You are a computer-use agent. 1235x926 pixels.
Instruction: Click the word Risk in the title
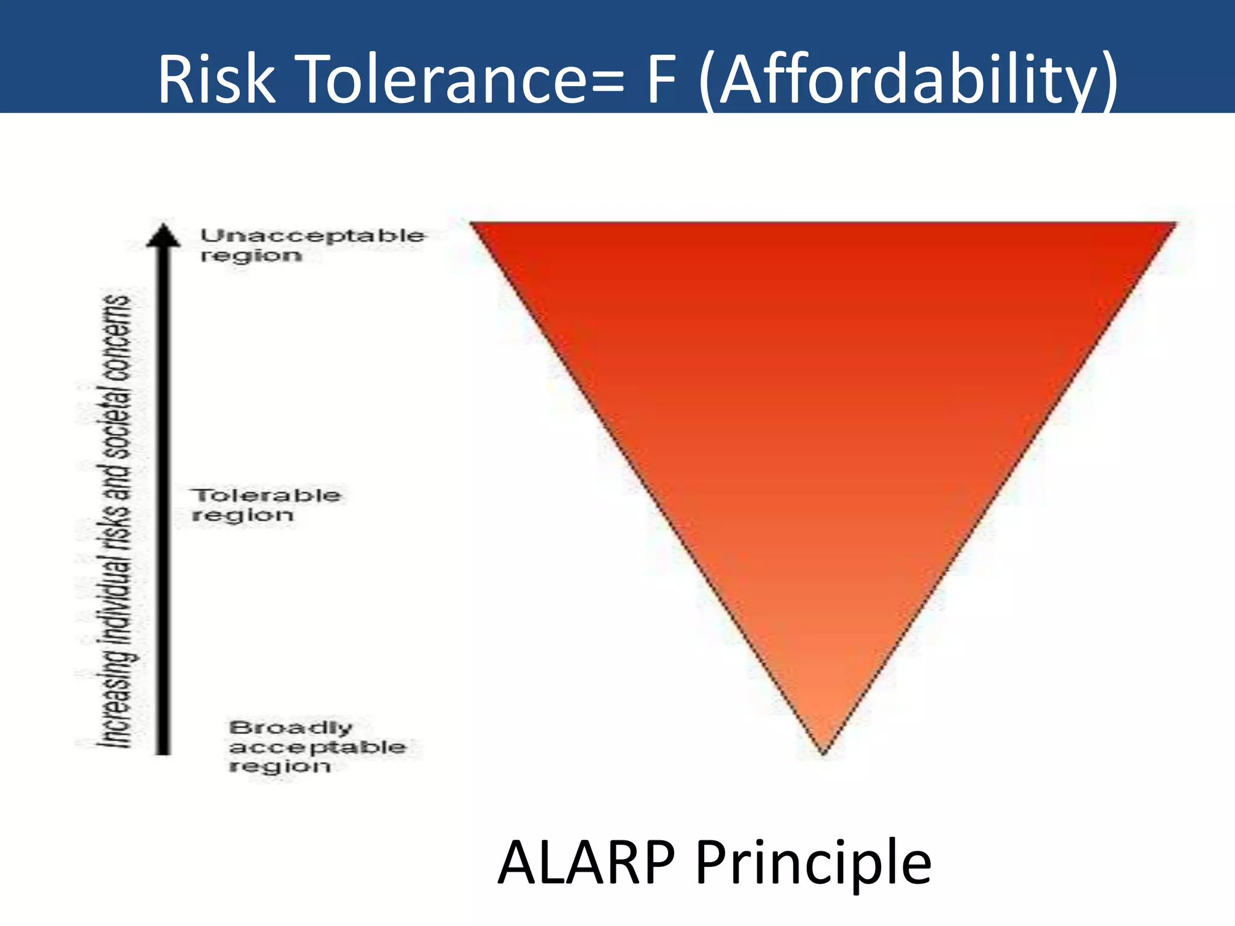click(x=215, y=79)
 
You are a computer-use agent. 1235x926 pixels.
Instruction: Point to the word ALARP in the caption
click(x=586, y=863)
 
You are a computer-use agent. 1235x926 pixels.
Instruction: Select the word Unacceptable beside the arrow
click(x=312, y=235)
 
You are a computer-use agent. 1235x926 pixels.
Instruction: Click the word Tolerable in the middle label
click(x=267, y=496)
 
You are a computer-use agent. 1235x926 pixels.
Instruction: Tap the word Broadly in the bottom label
click(x=291, y=728)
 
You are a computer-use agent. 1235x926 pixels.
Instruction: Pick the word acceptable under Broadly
click(x=318, y=748)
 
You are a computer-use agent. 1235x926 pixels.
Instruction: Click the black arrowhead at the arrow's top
click(x=163, y=235)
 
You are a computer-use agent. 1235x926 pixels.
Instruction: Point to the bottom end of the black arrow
click(x=163, y=751)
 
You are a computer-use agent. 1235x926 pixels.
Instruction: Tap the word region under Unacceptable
click(x=251, y=256)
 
